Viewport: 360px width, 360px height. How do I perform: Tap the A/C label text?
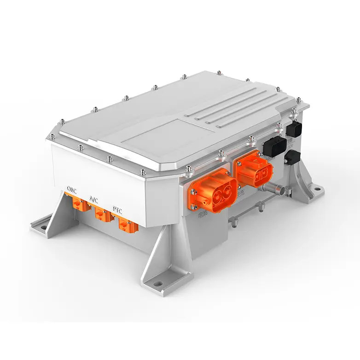point(93,199)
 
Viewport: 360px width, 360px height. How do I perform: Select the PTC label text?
point(117,209)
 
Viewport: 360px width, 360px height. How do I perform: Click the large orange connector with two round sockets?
point(212,189)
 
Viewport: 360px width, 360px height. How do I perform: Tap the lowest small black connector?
point(293,157)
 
